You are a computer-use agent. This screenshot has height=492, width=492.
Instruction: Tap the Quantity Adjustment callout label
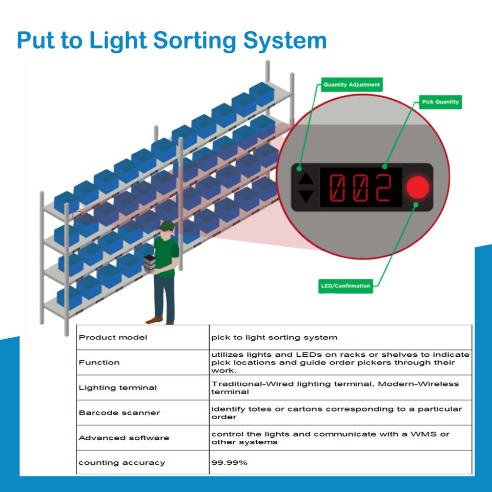coord(352,85)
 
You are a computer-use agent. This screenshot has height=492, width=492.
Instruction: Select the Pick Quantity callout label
coord(440,102)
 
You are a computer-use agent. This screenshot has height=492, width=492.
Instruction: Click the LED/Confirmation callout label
coord(345,286)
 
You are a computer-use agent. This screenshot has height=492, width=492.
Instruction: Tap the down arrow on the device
coord(306,195)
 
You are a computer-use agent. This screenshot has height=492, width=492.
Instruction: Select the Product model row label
coord(113,337)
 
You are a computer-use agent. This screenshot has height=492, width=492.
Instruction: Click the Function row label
coord(99,362)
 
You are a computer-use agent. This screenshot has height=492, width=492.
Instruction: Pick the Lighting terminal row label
coord(117,387)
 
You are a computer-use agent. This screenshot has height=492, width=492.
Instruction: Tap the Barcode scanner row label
coord(119,413)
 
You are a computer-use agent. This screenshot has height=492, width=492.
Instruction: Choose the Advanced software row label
coord(124,438)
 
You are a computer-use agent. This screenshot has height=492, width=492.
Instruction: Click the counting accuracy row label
coord(121,463)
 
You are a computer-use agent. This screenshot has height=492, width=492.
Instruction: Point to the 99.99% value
coord(229,463)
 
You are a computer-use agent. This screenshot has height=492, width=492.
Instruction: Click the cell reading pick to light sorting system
coord(274,337)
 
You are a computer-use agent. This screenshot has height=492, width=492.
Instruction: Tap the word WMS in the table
coord(425,434)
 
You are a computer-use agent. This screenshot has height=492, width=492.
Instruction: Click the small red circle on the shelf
coord(78,215)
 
